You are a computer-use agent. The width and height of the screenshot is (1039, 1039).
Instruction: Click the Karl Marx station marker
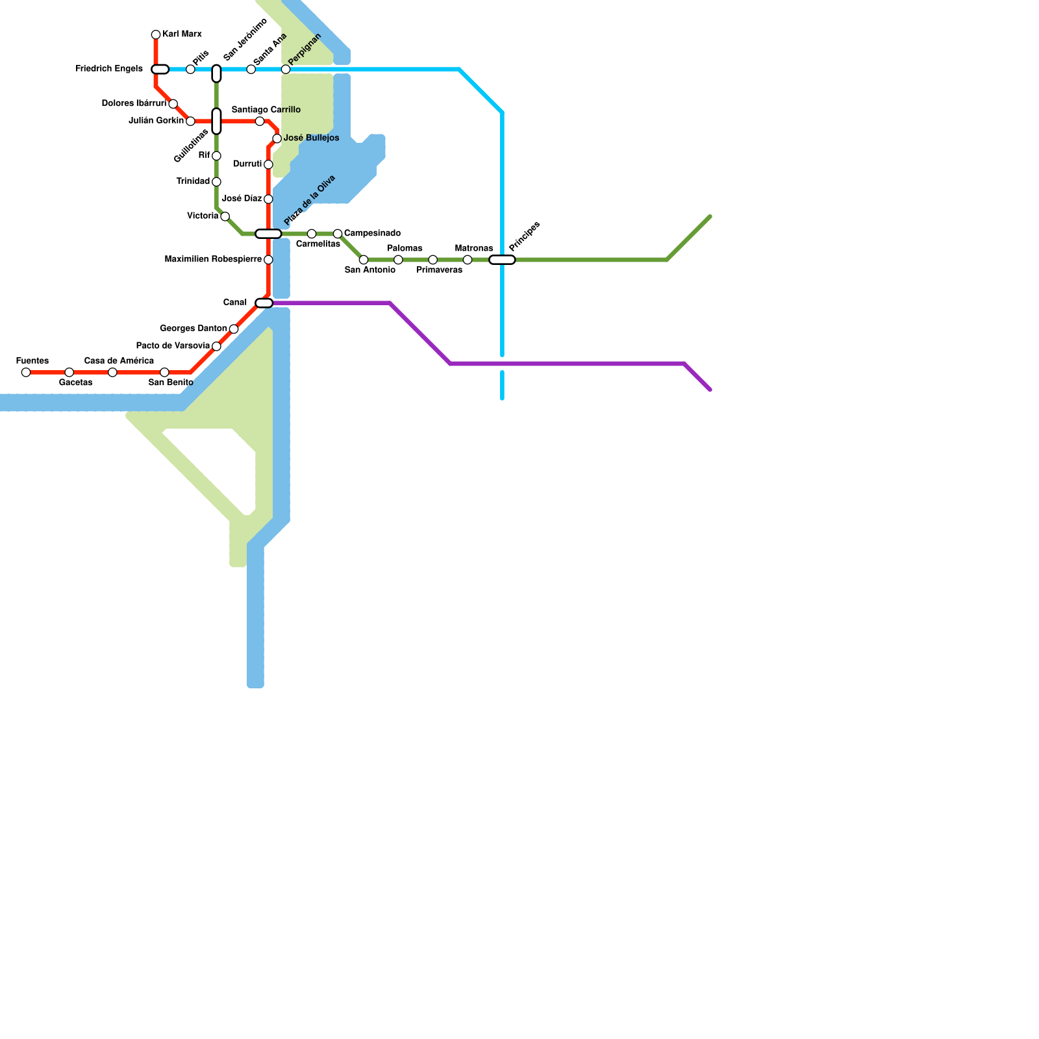[156, 34]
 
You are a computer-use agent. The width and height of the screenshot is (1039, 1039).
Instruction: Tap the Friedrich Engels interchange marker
[160, 69]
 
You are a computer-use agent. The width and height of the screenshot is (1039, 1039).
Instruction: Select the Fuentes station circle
[26, 372]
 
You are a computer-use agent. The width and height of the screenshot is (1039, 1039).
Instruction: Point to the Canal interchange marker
[264, 303]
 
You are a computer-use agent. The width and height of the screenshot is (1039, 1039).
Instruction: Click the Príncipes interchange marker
[502, 260]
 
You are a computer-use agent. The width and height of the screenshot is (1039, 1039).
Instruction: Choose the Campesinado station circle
[338, 234]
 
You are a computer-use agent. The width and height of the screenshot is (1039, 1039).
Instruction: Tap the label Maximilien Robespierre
[213, 260]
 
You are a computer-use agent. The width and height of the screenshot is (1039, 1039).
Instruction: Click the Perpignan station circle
[286, 69]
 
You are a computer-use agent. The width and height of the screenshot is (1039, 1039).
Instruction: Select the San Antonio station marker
[364, 260]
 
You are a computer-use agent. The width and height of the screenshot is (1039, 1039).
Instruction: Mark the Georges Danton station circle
[234, 329]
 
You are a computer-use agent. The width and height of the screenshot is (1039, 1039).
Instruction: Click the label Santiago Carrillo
[266, 110]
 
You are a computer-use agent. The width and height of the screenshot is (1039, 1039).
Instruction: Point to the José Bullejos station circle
[277, 138]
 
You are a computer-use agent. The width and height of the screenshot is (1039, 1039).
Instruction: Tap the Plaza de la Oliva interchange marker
[268, 234]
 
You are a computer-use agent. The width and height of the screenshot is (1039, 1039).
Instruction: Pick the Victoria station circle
[225, 216]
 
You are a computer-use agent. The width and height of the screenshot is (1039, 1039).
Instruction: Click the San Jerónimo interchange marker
[216, 73]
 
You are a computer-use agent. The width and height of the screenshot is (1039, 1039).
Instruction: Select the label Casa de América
[119, 361]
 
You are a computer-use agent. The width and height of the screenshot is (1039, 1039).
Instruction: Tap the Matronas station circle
[468, 260]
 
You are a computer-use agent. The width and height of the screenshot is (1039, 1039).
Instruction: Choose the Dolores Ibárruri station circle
[173, 104]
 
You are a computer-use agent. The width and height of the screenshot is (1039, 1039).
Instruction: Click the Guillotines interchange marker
[216, 121]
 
